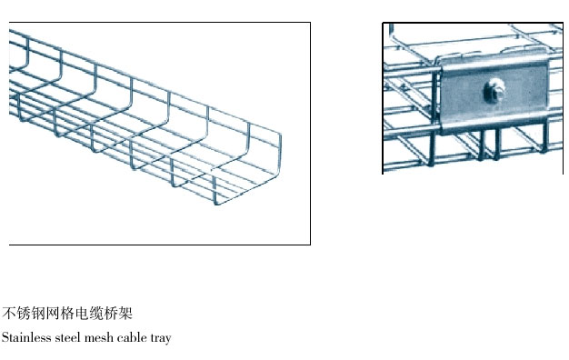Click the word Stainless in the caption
click(x=26, y=337)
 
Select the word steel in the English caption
click(x=68, y=337)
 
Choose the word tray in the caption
click(x=160, y=338)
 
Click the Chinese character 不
click(x=9, y=314)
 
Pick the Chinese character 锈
click(x=24, y=314)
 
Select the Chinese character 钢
click(x=38, y=314)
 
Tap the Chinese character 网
click(x=52, y=314)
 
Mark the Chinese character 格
click(x=66, y=314)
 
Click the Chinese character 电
click(x=81, y=314)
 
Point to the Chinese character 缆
click(x=95, y=314)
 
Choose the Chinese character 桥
click(x=110, y=314)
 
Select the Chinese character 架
click(x=125, y=314)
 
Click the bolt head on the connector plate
click(x=494, y=91)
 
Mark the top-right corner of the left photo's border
click(x=310, y=23)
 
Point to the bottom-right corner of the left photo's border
click(x=310, y=245)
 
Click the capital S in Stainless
click(x=5, y=337)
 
